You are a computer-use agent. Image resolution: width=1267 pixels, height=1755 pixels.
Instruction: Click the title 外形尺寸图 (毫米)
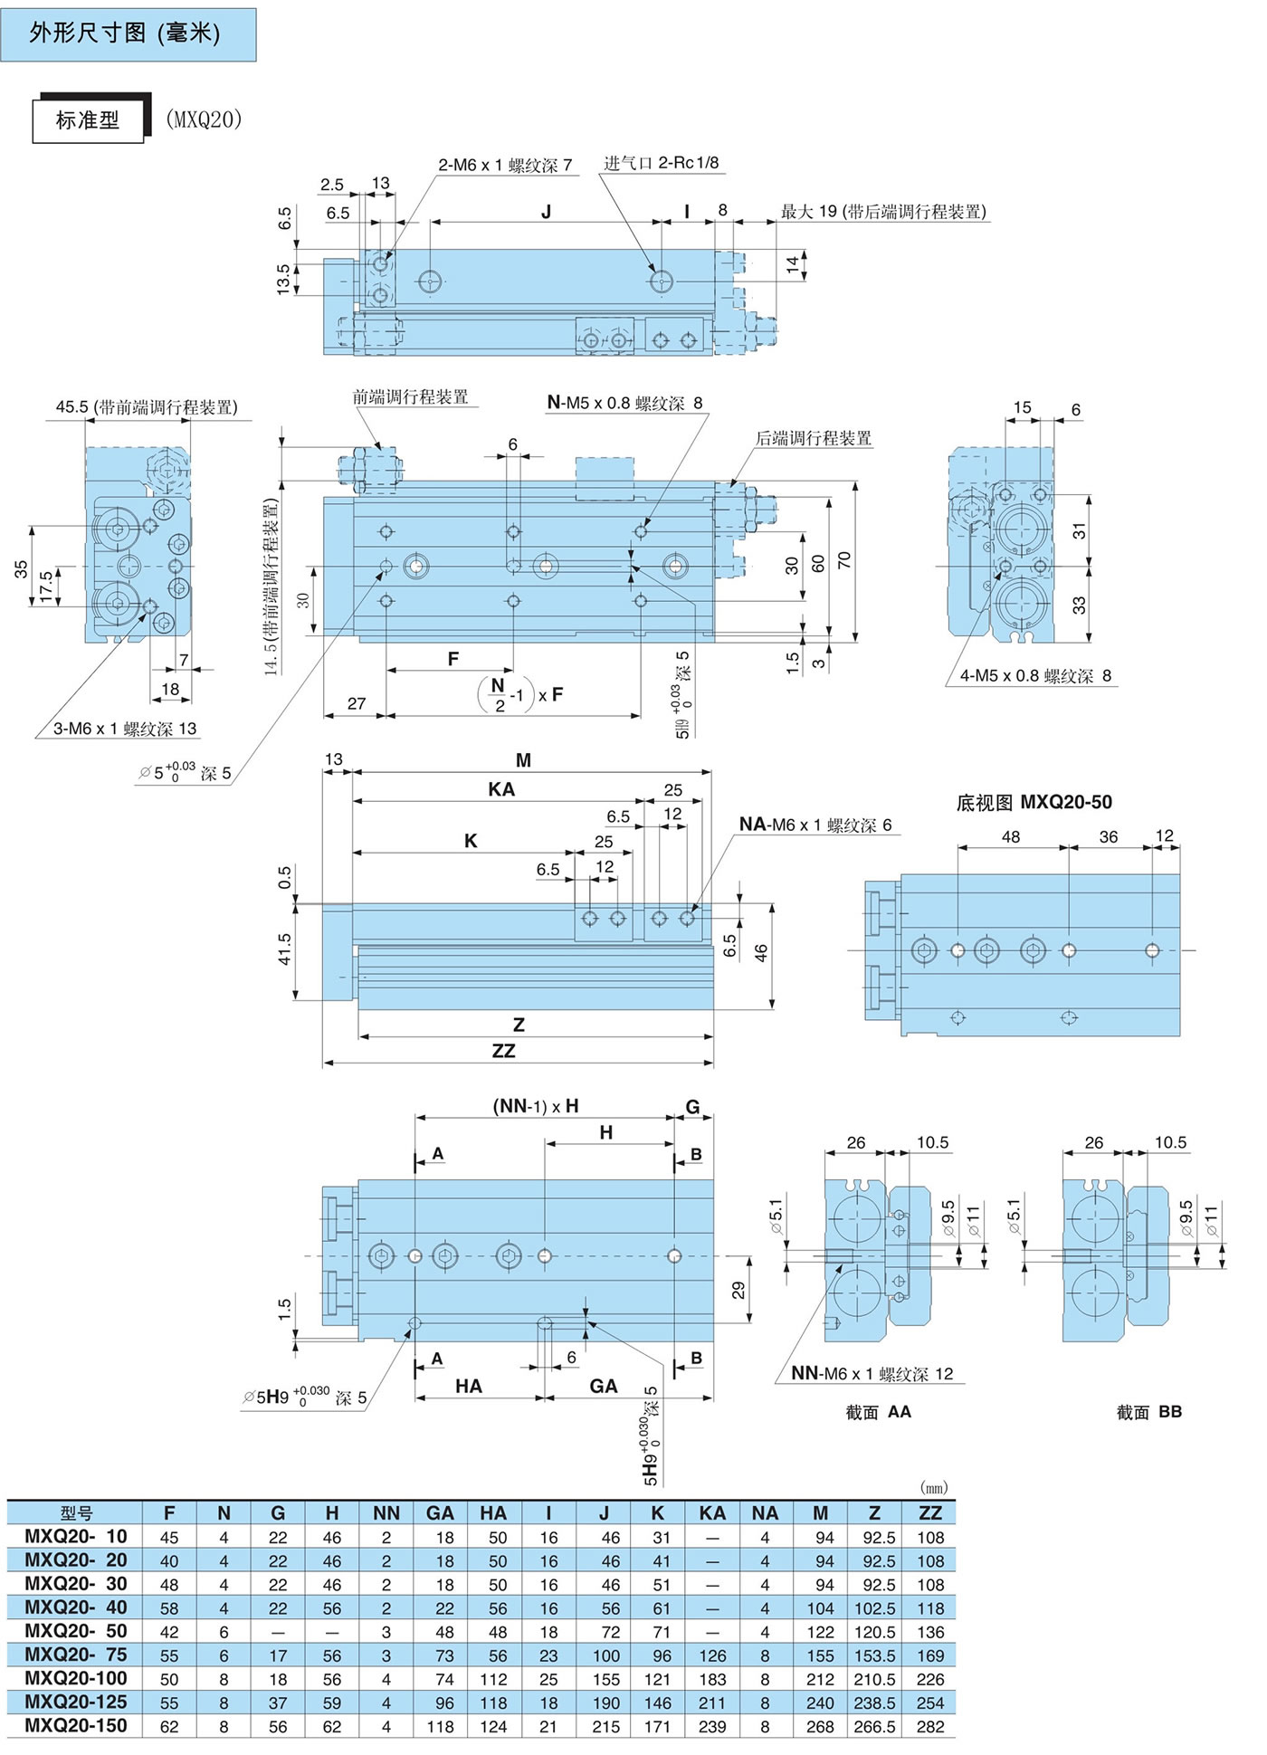(x=125, y=34)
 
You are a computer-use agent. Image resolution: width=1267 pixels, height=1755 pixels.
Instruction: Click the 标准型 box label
(x=88, y=120)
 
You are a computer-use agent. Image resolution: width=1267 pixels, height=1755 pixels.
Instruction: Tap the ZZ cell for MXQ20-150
(x=929, y=1726)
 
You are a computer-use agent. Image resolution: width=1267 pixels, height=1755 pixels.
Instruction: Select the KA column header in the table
(x=712, y=1512)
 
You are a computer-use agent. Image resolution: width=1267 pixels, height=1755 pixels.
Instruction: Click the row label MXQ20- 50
(x=76, y=1631)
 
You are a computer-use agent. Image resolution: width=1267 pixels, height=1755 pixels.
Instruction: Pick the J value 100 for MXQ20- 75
(x=605, y=1655)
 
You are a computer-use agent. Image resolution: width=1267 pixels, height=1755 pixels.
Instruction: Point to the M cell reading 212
(x=820, y=1679)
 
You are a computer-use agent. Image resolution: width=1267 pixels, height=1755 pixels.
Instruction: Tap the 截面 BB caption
(x=1148, y=1412)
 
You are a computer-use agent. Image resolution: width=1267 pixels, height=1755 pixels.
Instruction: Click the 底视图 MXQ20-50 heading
(x=1034, y=802)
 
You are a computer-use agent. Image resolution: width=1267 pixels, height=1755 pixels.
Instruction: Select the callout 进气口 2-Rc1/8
(x=662, y=163)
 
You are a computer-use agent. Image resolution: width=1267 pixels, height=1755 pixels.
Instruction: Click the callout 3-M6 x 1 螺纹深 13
(x=124, y=729)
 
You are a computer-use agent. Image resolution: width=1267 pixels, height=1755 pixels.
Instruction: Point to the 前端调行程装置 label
(x=410, y=397)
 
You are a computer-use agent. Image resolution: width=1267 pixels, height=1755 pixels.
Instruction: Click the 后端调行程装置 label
(x=814, y=439)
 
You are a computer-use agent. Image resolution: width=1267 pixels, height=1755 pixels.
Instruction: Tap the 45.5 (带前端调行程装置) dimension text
(x=147, y=407)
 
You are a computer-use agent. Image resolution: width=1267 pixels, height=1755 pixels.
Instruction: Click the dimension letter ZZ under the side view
(x=503, y=1051)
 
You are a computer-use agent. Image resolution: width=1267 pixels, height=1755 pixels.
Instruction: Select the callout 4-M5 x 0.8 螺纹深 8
(x=1035, y=675)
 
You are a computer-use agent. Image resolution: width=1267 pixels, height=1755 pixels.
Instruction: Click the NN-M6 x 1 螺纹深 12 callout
(x=872, y=1373)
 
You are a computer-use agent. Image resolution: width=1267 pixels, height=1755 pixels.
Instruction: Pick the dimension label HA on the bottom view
(x=469, y=1386)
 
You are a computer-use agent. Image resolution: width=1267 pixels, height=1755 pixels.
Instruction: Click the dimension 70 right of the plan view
(x=844, y=561)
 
